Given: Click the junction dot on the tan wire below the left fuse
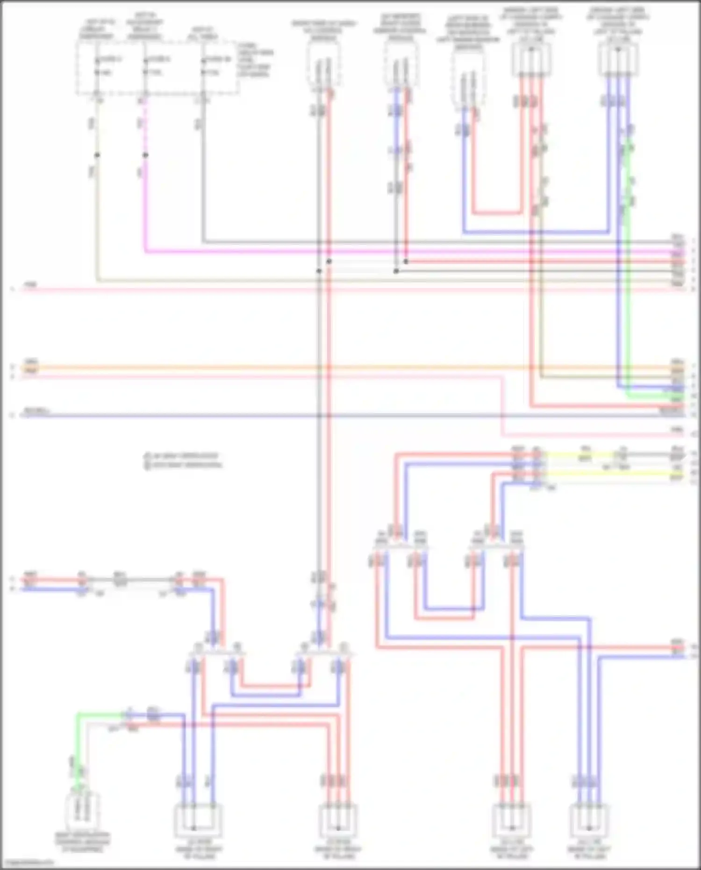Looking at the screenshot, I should point(97,155).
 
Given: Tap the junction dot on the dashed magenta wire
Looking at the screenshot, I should point(145,155).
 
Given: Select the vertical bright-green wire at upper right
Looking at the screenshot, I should point(629,280).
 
